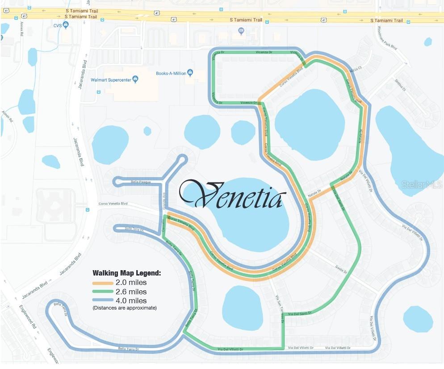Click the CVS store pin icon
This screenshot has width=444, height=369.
coord(66,25)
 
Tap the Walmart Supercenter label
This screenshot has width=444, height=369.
coord(111,80)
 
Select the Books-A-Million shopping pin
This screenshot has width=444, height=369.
coord(190,73)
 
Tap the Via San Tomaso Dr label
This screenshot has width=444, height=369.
coord(280,309)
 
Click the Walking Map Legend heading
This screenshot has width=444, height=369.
coord(126,273)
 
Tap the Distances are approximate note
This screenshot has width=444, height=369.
coord(125,308)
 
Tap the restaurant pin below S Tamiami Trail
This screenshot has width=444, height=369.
coord(242,31)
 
